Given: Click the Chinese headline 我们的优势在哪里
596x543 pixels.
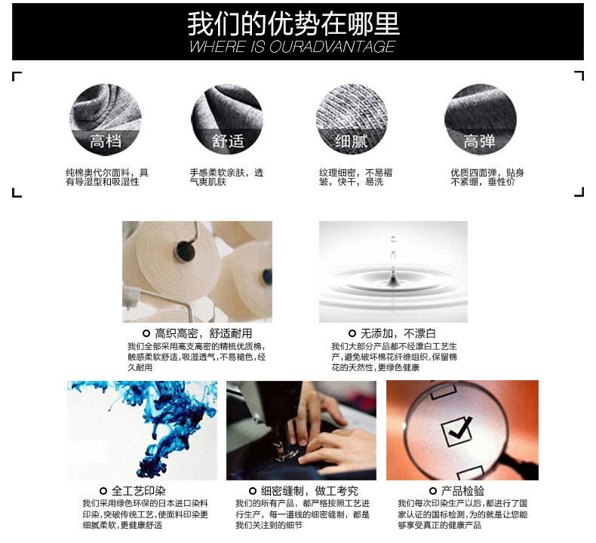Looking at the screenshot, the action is point(293,23).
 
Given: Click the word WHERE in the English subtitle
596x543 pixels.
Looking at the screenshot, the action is point(217,47).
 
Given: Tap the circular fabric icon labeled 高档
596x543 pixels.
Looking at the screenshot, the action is point(106,119).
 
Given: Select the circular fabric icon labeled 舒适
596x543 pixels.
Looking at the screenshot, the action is point(227,119).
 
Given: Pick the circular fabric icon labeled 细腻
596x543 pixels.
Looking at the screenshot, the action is point(352,119).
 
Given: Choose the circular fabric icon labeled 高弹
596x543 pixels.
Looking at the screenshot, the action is point(480,119).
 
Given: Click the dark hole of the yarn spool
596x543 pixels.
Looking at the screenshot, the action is point(185,251).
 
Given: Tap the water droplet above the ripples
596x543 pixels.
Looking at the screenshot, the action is point(393,253).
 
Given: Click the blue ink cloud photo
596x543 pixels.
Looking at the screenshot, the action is point(142,430).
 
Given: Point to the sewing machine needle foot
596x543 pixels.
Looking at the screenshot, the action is point(284,453).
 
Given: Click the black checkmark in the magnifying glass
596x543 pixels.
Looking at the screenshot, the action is point(460,428).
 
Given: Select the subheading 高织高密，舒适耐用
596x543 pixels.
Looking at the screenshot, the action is point(204,333).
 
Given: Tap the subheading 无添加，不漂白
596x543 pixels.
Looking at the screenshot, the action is point(398,333).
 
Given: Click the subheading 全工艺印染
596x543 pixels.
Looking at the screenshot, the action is point(139,490).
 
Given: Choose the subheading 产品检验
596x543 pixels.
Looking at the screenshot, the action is point(462,490).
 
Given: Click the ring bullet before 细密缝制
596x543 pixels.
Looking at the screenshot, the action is point(253,491).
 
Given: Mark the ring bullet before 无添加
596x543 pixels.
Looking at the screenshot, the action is point(352,333).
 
